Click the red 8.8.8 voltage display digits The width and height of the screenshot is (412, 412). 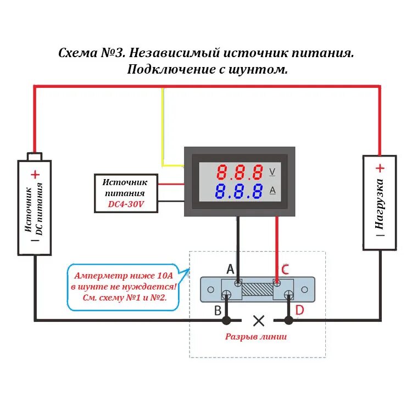(239, 172)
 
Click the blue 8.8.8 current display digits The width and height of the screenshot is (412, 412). (239, 192)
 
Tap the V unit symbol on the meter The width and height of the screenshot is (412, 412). (272, 171)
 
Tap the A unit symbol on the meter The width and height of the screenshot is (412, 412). (272, 191)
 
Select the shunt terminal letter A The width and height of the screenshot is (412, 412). (231, 269)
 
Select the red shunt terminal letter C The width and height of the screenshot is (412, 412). (285, 269)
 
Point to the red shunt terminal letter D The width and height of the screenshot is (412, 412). (299, 310)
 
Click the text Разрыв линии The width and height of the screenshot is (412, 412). (255, 337)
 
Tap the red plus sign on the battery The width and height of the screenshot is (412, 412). (35, 175)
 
